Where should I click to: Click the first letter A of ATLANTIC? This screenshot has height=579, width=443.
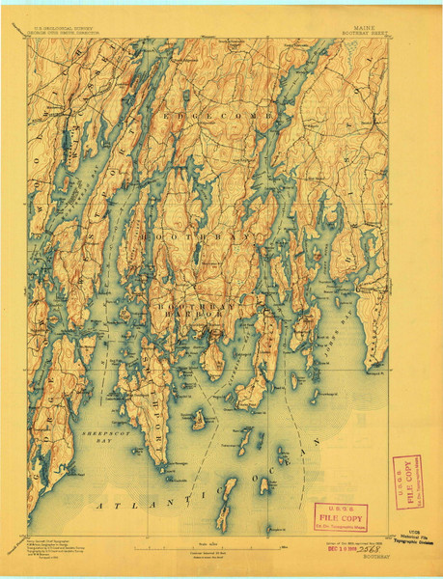(x=97, y=504)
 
